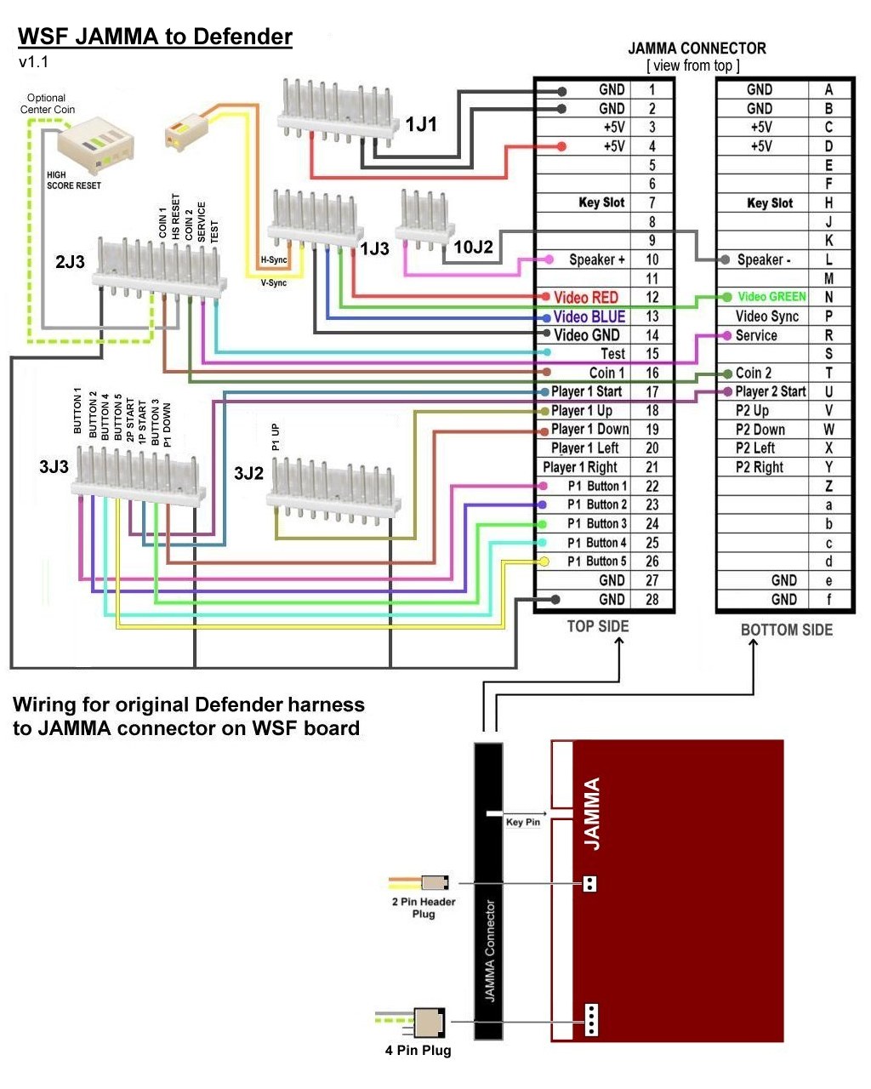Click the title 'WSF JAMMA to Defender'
155,37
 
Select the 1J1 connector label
421,125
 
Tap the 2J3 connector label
70,262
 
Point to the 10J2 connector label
473,248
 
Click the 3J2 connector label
248,474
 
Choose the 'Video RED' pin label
586,297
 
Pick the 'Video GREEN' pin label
771,297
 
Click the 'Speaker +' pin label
597,259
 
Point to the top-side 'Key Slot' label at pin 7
601,202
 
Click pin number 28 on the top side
652,599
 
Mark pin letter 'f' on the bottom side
828,599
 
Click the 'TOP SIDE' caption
598,627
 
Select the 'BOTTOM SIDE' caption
787,630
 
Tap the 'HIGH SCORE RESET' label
73,180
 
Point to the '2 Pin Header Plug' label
424,908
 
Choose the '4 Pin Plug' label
418,1051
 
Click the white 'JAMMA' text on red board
592,813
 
